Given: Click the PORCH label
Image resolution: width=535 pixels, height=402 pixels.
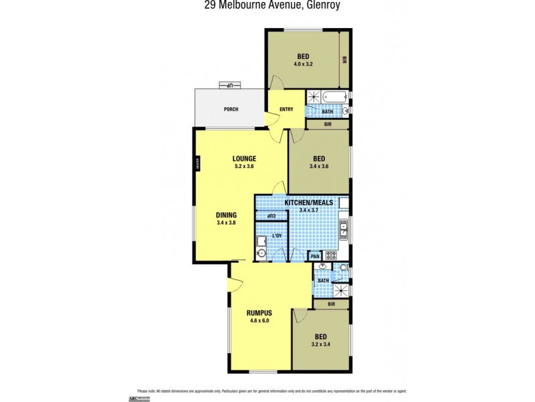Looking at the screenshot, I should click(x=231, y=109).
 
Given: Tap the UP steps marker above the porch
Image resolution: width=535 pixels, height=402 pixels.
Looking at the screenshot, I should click(x=229, y=86).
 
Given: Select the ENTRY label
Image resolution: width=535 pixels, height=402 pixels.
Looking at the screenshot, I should click(x=286, y=109).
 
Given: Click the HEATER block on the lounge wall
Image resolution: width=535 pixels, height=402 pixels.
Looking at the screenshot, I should click(x=197, y=163).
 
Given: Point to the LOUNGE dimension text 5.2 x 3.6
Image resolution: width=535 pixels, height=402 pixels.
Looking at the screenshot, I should click(x=244, y=166).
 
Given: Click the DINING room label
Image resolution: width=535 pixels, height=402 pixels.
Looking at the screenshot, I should click(x=226, y=215).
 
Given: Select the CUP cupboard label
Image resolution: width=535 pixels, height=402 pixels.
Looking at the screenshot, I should click(x=272, y=216).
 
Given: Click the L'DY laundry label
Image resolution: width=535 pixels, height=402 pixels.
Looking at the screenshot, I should click(x=277, y=236).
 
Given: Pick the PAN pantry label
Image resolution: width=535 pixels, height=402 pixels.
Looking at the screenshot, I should click(x=314, y=256).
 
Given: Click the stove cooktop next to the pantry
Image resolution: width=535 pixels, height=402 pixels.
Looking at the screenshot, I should click(x=330, y=256).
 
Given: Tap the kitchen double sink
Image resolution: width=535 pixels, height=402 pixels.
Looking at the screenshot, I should click(x=343, y=230).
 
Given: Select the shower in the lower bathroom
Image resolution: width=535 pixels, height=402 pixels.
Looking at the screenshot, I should click(x=341, y=290).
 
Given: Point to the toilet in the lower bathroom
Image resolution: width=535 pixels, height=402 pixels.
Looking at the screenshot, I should click(x=342, y=268).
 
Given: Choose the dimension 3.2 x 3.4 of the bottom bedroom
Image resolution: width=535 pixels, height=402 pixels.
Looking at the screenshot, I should click(x=321, y=344).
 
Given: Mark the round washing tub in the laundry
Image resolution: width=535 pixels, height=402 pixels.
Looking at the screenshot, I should click(x=261, y=253).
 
